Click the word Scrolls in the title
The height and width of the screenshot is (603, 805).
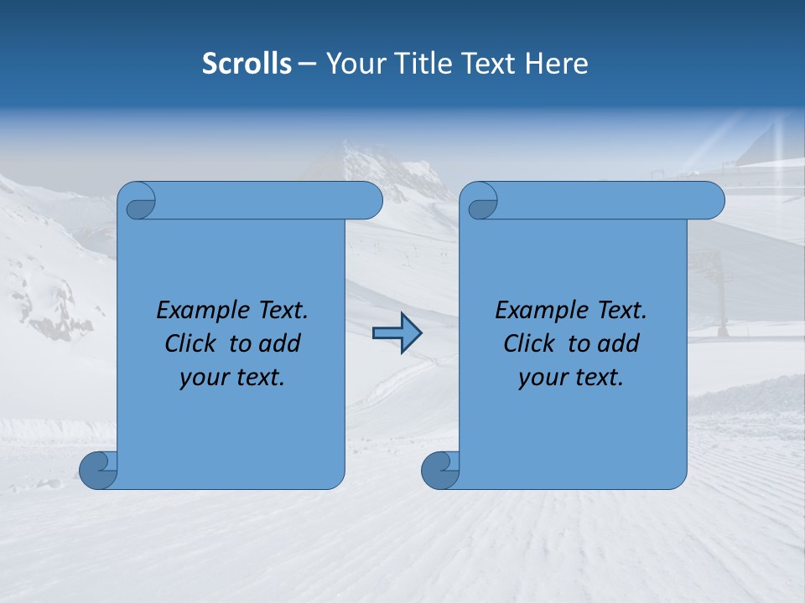(247, 64)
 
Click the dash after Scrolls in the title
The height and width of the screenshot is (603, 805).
(307, 64)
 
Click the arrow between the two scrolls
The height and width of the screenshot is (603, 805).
(397, 333)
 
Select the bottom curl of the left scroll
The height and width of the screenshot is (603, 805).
(97, 470)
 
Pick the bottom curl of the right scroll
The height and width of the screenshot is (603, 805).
(439, 470)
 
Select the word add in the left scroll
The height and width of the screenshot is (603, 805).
(279, 343)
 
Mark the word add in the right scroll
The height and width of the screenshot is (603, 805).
(618, 343)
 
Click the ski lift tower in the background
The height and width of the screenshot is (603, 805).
(719, 293)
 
